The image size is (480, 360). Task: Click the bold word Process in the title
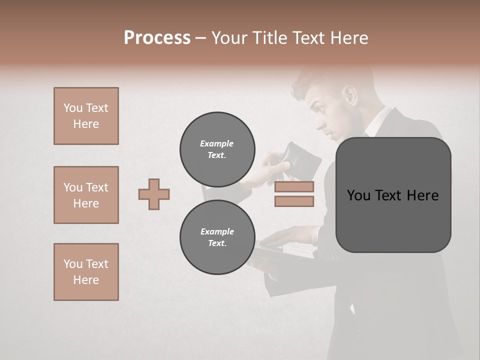(157, 38)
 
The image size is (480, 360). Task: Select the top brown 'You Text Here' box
(86, 116)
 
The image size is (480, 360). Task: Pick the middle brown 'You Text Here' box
(86, 195)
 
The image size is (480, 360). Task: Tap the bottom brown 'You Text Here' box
(86, 272)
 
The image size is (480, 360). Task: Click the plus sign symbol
(154, 194)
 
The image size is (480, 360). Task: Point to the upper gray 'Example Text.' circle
(217, 149)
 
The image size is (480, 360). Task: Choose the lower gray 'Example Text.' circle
(217, 237)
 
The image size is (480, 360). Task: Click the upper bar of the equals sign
(294, 187)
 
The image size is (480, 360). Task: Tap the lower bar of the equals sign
(294, 201)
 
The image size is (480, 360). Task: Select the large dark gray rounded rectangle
(393, 195)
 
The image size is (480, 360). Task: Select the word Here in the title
(350, 38)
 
